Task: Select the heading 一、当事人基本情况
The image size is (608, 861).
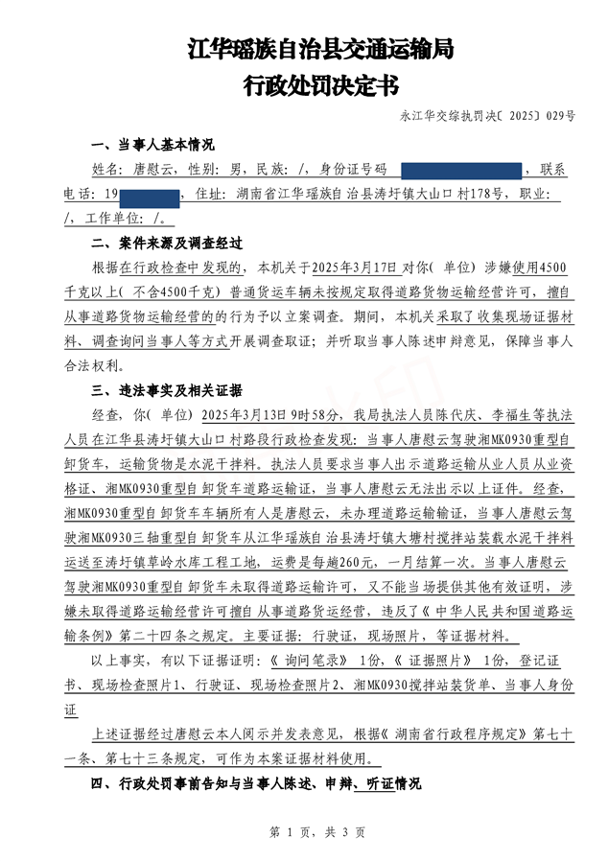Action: pyautogui.click(x=152, y=146)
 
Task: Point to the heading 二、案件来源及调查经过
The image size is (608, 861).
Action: pyautogui.click(x=166, y=244)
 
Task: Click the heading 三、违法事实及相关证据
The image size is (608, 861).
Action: pyautogui.click(x=166, y=391)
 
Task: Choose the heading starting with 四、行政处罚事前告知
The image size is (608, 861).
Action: pyautogui.click(x=255, y=783)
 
